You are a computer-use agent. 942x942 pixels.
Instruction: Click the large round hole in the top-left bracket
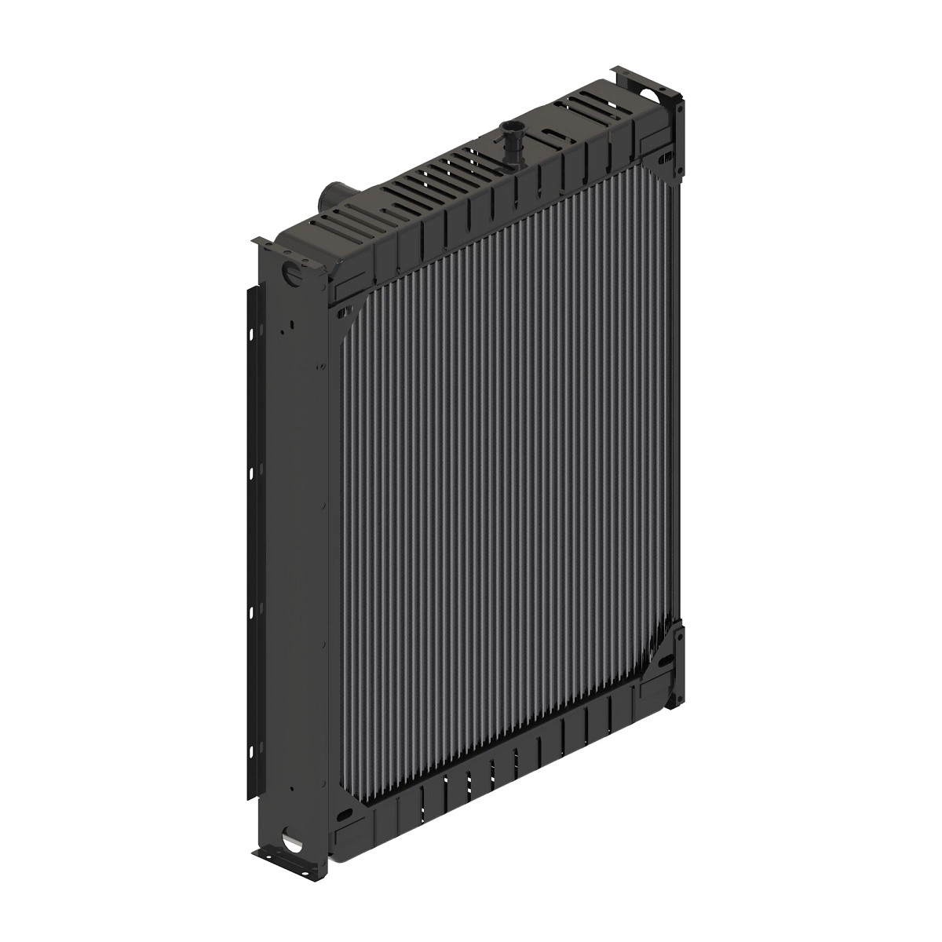[x=291, y=275]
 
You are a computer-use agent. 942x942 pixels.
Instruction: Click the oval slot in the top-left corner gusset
[x=342, y=312]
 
